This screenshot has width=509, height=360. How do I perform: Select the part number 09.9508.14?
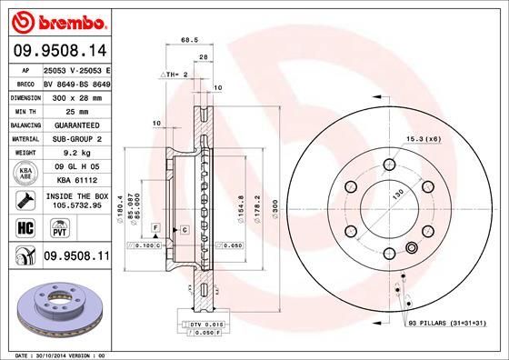(60, 52)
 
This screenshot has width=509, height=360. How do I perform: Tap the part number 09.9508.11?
(76, 257)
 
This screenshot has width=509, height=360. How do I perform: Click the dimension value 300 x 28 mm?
(76, 95)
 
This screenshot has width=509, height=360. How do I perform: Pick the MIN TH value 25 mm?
(76, 109)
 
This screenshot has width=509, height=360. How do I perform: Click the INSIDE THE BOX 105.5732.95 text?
(76, 200)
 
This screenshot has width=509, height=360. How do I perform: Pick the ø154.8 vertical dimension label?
(240, 210)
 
